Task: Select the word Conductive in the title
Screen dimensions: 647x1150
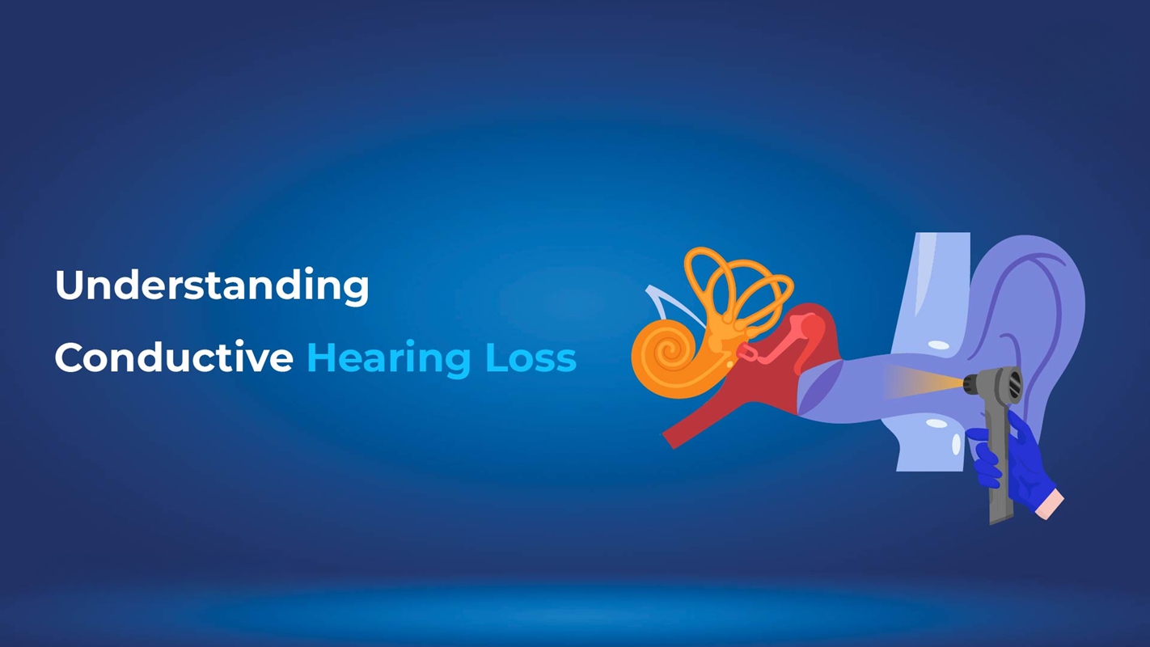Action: (x=173, y=357)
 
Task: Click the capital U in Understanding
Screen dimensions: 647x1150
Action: (x=70, y=285)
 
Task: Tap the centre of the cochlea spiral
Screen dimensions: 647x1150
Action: (x=668, y=353)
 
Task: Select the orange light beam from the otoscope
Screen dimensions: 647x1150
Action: (x=922, y=382)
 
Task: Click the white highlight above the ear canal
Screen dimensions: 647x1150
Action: (x=939, y=345)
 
